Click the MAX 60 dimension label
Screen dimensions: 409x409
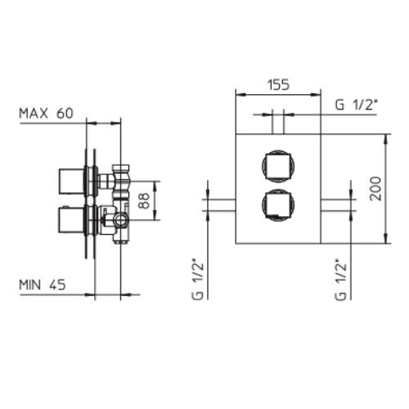click(46, 113)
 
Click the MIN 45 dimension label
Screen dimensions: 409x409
click(43, 285)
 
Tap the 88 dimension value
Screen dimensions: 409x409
click(144, 200)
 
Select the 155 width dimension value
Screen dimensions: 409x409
click(278, 85)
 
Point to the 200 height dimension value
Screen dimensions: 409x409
click(375, 189)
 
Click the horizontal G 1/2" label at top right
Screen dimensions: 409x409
click(356, 105)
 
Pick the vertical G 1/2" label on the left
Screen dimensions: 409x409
click(198, 281)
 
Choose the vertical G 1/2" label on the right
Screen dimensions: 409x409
click(340, 281)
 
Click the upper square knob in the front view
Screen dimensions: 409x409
click(278, 165)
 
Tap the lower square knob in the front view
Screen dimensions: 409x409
click(278, 204)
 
